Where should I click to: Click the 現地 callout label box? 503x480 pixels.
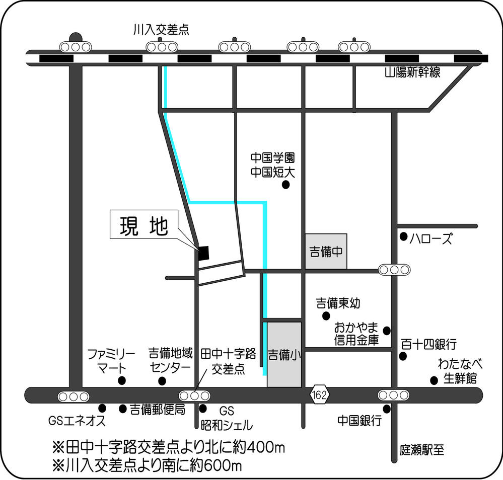[143, 227]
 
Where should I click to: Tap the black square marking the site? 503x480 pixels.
[203, 253]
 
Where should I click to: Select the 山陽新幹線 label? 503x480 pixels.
[412, 73]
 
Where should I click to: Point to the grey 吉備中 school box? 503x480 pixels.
[326, 251]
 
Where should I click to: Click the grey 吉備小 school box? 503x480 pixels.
[284, 355]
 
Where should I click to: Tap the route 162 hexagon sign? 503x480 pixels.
[319, 395]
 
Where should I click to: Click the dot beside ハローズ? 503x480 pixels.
[403, 236]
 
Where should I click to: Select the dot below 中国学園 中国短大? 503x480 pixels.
[285, 185]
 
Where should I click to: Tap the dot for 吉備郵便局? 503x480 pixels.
[123, 409]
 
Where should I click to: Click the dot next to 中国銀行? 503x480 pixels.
[387, 409]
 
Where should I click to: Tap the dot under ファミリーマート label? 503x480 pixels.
[121, 381]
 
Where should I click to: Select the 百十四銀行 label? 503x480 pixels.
[428, 345]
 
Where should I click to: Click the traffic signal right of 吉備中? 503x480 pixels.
[394, 270]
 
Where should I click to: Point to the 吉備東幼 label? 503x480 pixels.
[338, 303]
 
